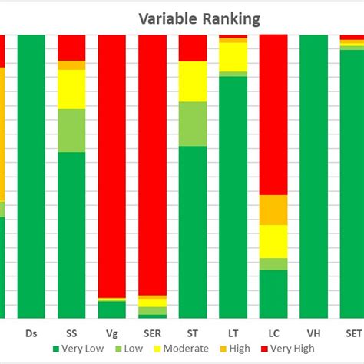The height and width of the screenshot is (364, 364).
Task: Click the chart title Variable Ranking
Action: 199,18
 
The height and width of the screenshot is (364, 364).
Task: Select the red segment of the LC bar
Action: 273,115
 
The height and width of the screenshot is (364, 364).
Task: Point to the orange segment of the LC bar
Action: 273,210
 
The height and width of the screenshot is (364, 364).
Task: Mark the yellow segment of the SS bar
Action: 71,89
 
